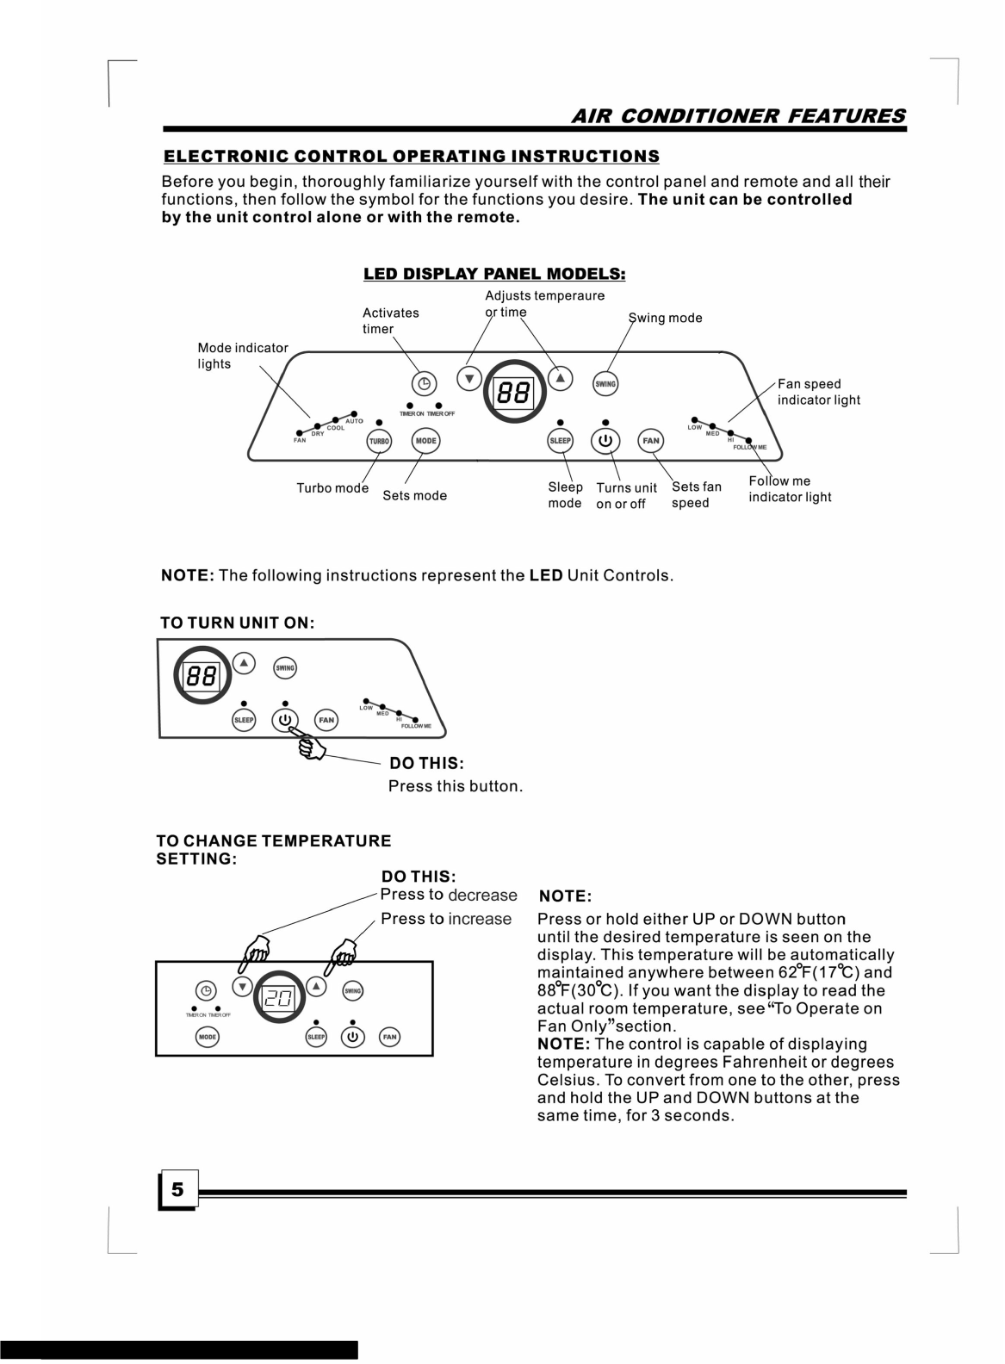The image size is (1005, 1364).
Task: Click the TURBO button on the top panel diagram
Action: (x=379, y=441)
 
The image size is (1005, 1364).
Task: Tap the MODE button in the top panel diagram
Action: (x=425, y=440)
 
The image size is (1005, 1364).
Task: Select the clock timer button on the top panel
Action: (x=424, y=383)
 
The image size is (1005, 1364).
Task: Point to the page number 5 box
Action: (x=178, y=1190)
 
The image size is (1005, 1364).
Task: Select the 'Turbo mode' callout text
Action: (x=332, y=488)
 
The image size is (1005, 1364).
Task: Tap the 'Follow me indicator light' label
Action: (x=789, y=489)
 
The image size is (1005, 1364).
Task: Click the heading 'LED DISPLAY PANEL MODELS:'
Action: (x=493, y=274)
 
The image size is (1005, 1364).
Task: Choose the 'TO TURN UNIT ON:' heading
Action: (x=238, y=623)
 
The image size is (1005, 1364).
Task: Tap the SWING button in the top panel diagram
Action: (x=605, y=383)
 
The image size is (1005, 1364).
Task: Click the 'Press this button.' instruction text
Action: (x=456, y=786)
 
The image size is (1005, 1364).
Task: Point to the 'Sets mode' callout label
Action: (x=414, y=495)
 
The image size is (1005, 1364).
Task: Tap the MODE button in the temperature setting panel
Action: (x=208, y=1037)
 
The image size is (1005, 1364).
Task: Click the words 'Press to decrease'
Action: (x=449, y=895)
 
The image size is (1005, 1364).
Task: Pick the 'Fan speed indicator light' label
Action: (x=818, y=392)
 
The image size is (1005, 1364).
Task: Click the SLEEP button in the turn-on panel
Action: (x=244, y=720)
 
